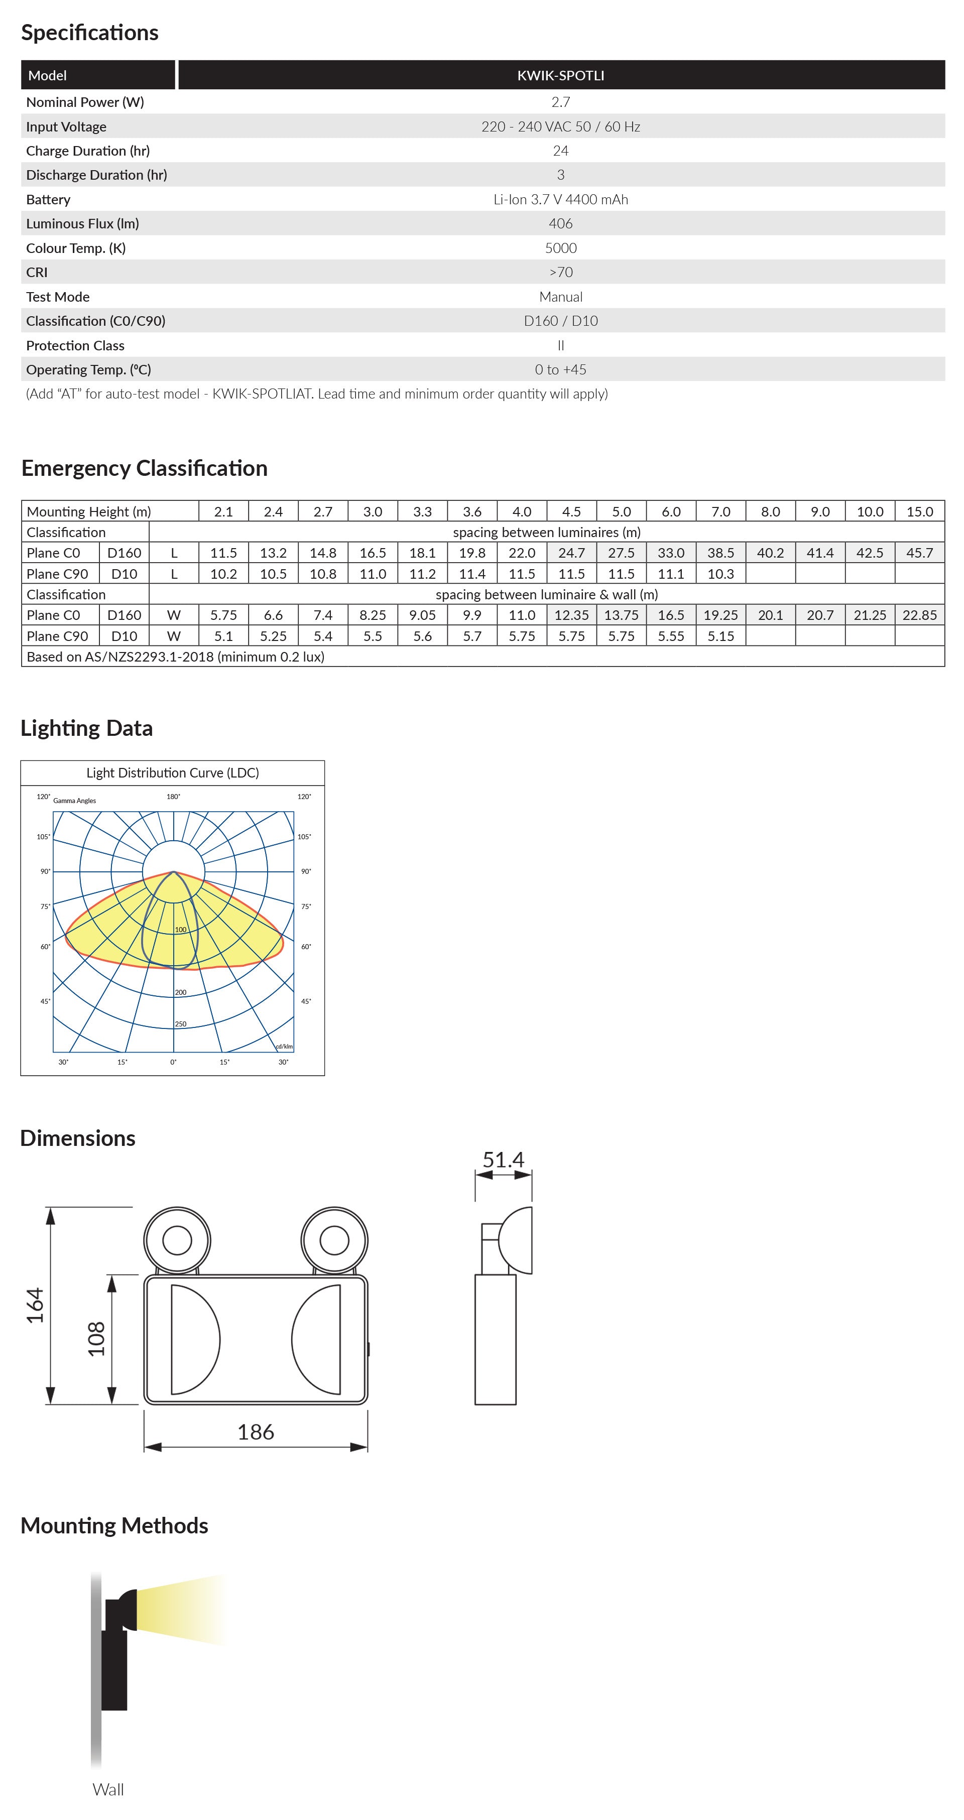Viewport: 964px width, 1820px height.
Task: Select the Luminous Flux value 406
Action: [x=560, y=223]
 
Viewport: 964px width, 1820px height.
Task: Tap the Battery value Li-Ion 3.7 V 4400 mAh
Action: [x=560, y=199]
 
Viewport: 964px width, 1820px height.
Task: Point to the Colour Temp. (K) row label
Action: [x=76, y=248]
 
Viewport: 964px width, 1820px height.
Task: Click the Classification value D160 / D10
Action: [x=560, y=321]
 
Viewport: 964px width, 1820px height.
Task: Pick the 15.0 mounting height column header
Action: [x=919, y=511]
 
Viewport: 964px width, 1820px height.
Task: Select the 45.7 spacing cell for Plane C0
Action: [x=919, y=553]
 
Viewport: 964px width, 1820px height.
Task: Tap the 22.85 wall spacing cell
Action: [x=919, y=615]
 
